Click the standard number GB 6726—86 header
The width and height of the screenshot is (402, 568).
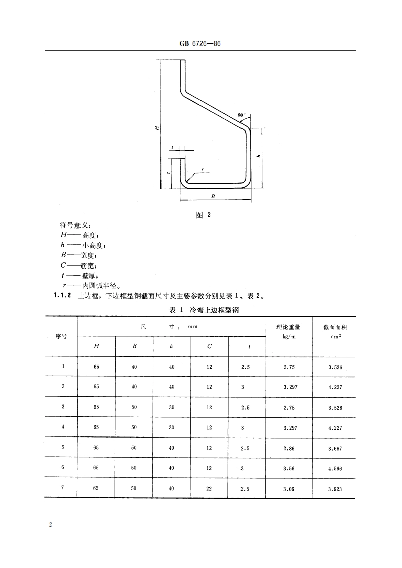200,45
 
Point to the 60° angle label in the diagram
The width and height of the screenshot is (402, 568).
241,115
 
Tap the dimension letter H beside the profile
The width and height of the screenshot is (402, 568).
157,128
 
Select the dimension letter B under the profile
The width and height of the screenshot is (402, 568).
213,196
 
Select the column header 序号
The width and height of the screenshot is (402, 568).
61,336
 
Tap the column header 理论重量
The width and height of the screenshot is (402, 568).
289,327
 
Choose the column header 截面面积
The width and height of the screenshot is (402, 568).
335,327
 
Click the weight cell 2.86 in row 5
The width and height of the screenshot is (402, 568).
289,448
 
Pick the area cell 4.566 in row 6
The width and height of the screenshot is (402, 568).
335,468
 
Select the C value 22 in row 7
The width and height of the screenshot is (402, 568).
209,488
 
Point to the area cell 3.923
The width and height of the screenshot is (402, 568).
335,488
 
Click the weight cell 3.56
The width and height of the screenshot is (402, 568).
289,468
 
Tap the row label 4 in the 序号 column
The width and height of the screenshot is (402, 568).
63,427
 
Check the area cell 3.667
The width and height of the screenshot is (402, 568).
335,448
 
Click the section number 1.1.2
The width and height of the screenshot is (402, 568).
63,297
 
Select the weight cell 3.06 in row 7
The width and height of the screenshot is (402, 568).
289,488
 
